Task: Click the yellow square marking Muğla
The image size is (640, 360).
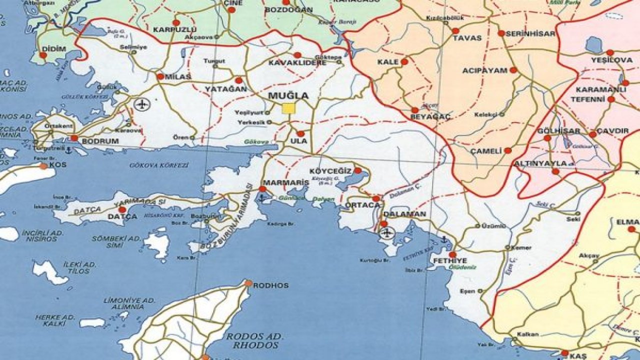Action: pyautogui.click(x=288, y=108)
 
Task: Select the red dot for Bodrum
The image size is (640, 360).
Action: pyautogui.click(x=74, y=137)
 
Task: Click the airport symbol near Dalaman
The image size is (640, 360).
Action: pyautogui.click(x=387, y=232)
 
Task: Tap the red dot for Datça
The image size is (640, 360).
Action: pyautogui.click(x=122, y=209)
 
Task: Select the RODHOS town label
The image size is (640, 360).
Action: pyautogui.click(x=271, y=285)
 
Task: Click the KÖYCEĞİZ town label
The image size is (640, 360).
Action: pyautogui.click(x=331, y=170)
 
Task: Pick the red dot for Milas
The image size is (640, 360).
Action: pyautogui.click(x=160, y=76)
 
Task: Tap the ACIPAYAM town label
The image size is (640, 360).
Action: pyautogui.click(x=485, y=70)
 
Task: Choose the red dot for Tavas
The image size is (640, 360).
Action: pyautogui.click(x=455, y=31)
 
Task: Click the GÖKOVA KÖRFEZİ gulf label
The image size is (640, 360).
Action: pyautogui.click(x=159, y=165)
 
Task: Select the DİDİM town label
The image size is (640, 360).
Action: pyautogui.click(x=54, y=48)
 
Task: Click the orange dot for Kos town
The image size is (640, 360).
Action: pyautogui.click(x=43, y=166)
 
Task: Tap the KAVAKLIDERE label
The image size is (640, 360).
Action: pyautogui.click(x=297, y=63)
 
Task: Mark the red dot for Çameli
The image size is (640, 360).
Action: pyautogui.click(x=507, y=150)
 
